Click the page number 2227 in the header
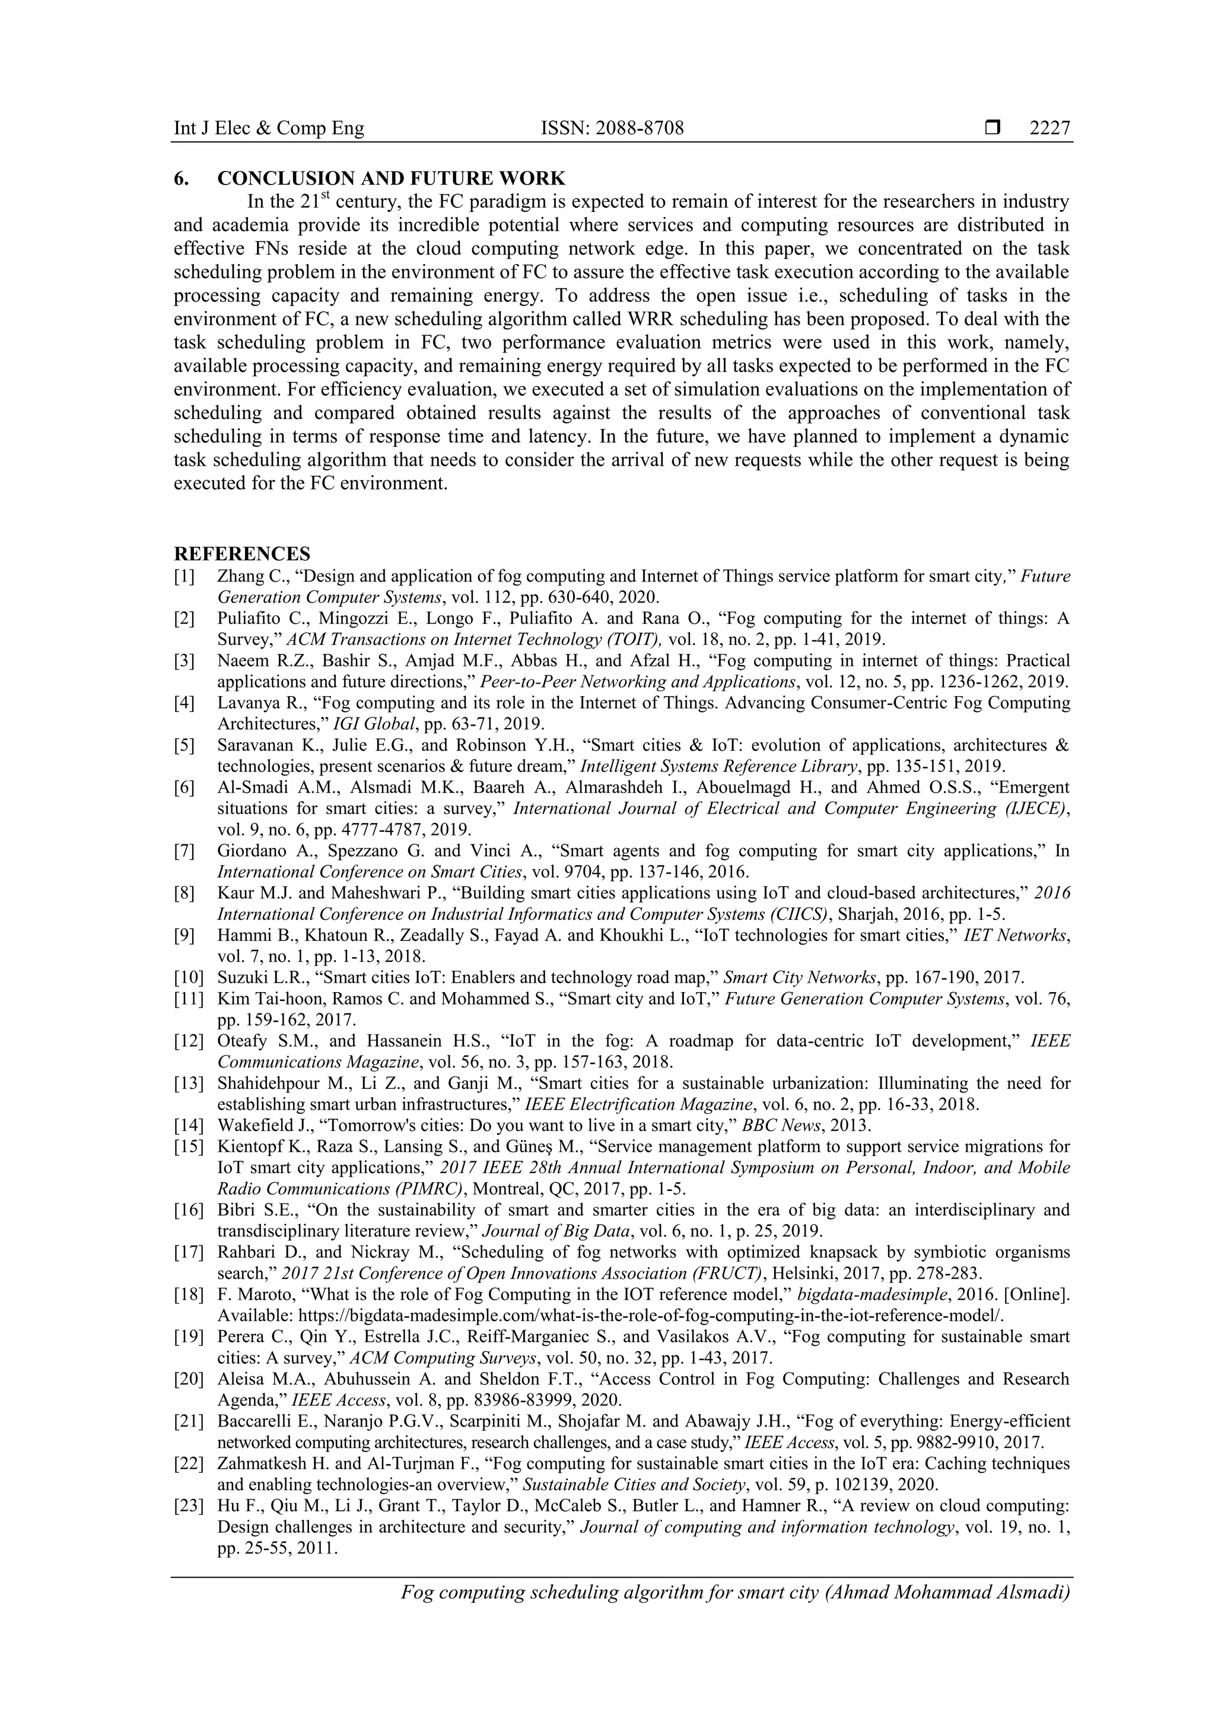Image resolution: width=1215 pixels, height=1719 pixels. pyautogui.click(x=1049, y=129)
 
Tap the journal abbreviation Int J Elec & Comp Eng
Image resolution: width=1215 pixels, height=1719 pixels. pyautogui.click(x=269, y=129)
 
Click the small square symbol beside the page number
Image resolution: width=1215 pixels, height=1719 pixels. pyautogui.click(x=993, y=129)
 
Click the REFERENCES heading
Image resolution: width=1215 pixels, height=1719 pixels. pyautogui.click(x=242, y=554)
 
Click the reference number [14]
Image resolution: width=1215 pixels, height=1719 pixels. pyautogui.click(x=188, y=1125)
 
